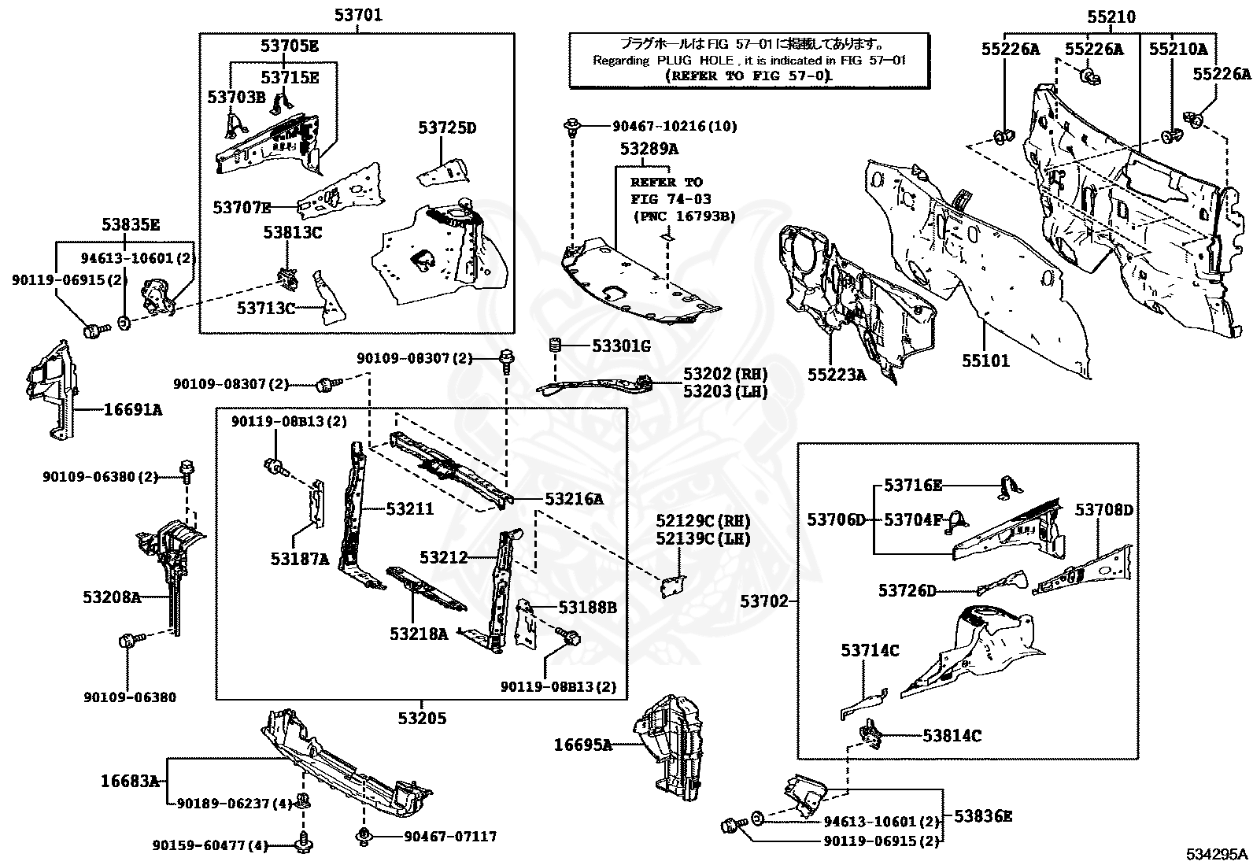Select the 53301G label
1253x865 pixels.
tap(621, 346)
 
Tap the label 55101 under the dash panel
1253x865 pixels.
tap(985, 361)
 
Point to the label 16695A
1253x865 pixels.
tap(582, 744)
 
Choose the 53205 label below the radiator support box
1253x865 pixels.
tap(422, 718)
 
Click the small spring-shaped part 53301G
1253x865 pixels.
tap(555, 346)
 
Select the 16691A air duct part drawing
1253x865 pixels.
tap(52, 389)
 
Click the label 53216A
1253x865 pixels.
tap(574, 498)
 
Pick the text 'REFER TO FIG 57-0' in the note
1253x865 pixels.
tap(748, 76)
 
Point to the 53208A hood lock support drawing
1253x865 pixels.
tap(170, 567)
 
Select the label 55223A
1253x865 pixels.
tap(836, 375)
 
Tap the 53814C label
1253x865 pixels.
tap(952, 736)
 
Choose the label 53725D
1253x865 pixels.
tap(447, 128)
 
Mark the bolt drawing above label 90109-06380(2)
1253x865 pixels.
tap(187, 470)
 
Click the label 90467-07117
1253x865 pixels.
tap(450, 837)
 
